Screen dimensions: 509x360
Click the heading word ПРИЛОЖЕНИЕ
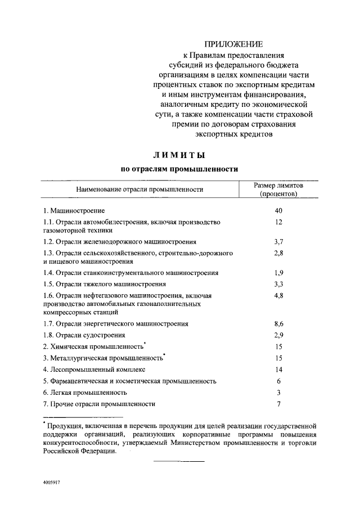233,44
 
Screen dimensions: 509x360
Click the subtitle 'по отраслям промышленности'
180,168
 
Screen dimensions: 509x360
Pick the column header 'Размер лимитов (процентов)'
278,190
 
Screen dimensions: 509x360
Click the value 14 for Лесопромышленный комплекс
278,370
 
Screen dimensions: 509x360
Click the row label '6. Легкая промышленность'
85,392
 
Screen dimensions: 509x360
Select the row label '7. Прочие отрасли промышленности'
99,404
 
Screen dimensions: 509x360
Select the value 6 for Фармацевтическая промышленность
278,381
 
